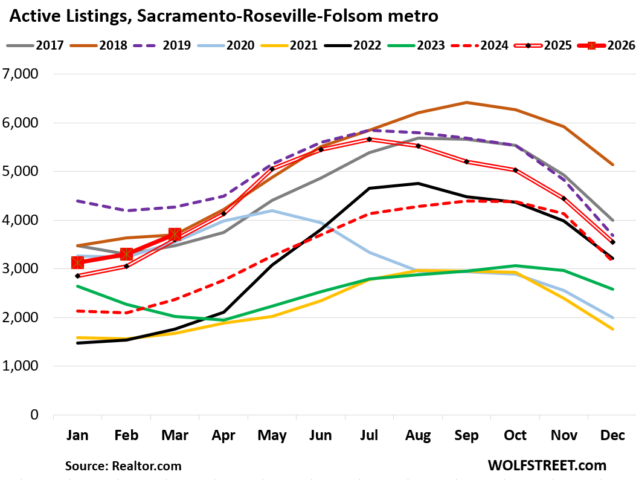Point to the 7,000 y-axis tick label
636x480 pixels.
pyautogui.click(x=21, y=74)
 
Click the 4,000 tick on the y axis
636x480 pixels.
pyautogui.click(x=21, y=221)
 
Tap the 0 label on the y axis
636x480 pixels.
pyautogui.click(x=34, y=415)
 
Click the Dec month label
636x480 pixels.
pyautogui.click(x=613, y=435)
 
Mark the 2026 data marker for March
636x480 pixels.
pyautogui.click(x=175, y=234)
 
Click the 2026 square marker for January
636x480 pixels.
pyautogui.click(x=77, y=262)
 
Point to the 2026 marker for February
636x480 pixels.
pyautogui.click(x=126, y=255)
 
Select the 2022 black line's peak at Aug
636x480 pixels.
pyautogui.click(x=418, y=183)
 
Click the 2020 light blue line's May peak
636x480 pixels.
pyautogui.click(x=272, y=210)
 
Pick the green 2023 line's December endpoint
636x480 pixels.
pyautogui.click(x=613, y=289)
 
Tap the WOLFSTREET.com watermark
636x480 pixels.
pyautogui.click(x=547, y=465)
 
